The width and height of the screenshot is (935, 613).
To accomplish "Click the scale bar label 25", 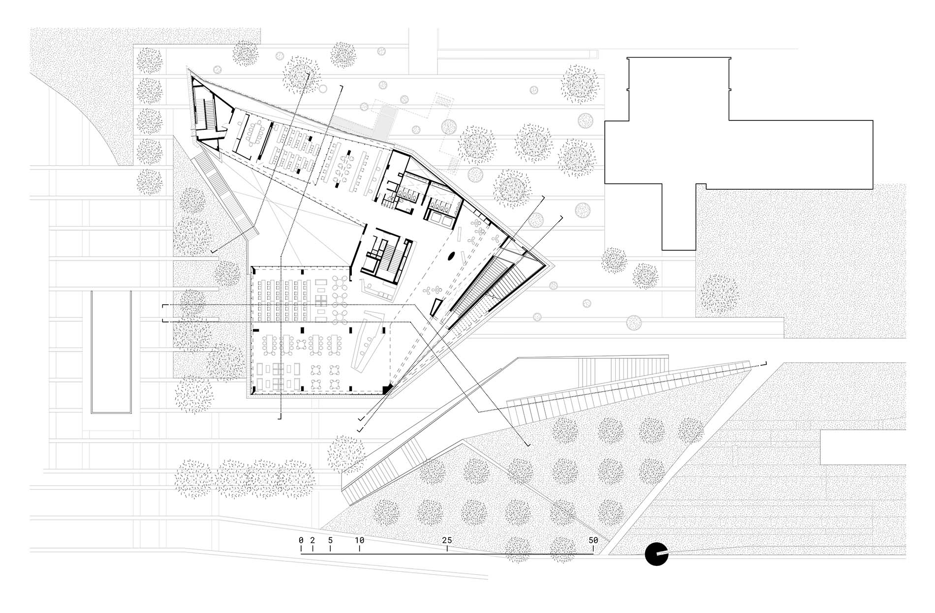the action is [x=447, y=540].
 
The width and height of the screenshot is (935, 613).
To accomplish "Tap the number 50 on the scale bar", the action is [x=593, y=540].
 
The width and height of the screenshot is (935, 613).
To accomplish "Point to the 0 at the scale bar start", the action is [x=301, y=540].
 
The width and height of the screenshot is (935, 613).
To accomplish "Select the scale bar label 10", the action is [x=360, y=540].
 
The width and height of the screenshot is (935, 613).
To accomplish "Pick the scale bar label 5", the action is [x=330, y=540].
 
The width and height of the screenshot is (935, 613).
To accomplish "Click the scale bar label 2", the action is [x=312, y=540].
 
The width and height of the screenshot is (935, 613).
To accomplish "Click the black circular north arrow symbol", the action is [x=656, y=555].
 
